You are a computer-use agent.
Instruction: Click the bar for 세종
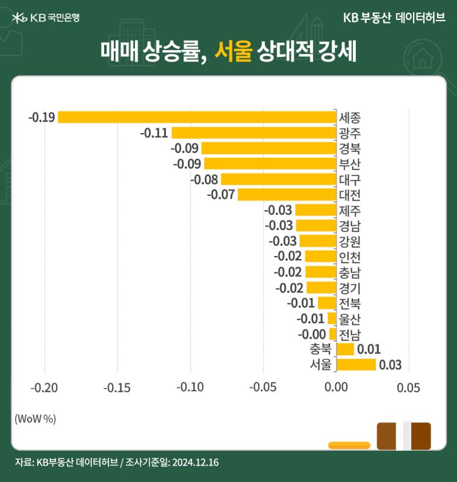197,117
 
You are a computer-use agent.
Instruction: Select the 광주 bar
254,133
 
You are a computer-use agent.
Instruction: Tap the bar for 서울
356,365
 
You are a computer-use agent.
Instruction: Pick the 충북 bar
345,349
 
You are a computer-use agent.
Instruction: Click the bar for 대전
287,195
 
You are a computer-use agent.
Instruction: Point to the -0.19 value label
42,117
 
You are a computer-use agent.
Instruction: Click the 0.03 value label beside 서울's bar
390,365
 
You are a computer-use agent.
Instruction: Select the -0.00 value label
312,334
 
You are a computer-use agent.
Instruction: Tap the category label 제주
349,210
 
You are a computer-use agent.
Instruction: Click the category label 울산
349,319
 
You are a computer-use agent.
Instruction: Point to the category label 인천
349,257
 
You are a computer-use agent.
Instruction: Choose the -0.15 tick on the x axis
117,387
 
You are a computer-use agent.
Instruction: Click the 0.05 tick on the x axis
408,387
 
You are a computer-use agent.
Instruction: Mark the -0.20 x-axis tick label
44,387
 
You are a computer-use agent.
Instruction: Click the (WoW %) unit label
36,419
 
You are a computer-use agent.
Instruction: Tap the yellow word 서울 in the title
233,51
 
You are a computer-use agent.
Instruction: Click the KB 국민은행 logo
46,17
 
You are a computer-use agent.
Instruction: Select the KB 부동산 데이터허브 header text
394,17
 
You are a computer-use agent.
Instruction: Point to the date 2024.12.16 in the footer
195,462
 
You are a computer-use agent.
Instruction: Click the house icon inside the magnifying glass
423,58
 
